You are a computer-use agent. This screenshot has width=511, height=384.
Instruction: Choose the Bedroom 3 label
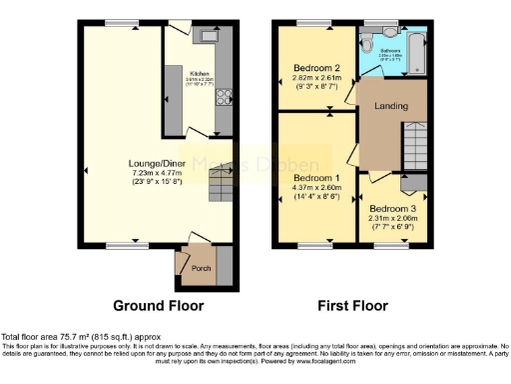tap(391, 208)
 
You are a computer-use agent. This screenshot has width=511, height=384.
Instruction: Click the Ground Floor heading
tap(158, 305)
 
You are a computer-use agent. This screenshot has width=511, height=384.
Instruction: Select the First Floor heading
tap(352, 305)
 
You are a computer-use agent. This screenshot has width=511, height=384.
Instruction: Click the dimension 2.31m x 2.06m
tap(391, 219)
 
